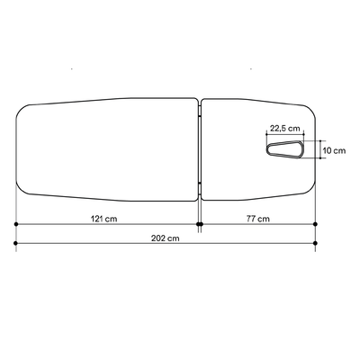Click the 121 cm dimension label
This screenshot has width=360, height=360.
pyautogui.click(x=103, y=219)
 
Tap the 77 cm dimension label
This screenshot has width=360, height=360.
pyautogui.click(x=258, y=219)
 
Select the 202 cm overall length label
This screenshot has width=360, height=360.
pyautogui.click(x=165, y=238)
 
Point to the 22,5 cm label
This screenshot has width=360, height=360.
pyautogui.click(x=285, y=129)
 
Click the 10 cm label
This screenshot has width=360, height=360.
pyautogui.click(x=334, y=150)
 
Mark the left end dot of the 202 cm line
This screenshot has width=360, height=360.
pyautogui.click(x=16, y=243)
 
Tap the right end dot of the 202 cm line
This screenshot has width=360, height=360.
pyautogui.click(x=315, y=243)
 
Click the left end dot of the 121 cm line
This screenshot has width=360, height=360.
pyautogui.click(x=16, y=224)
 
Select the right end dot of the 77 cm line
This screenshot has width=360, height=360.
pyautogui.click(x=315, y=224)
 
